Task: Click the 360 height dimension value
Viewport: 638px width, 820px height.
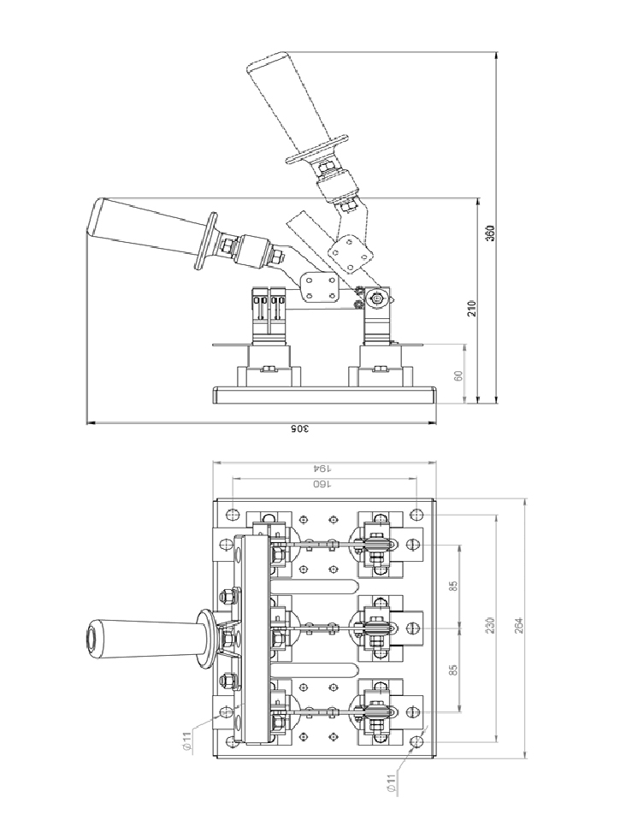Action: coord(489,233)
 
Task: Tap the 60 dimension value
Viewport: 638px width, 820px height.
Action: coord(458,375)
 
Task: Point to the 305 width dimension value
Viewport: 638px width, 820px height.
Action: coord(300,429)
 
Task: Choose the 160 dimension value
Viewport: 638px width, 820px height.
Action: coord(322,484)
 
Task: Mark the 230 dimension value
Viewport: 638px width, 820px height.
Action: coord(489,625)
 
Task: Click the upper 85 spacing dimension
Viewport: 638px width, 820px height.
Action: coord(453,587)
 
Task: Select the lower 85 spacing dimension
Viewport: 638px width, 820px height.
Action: coord(453,669)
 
